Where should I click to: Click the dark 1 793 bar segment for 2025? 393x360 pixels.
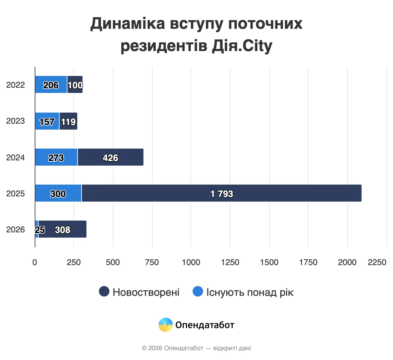point(221,193)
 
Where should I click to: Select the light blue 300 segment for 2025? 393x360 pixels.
point(58,193)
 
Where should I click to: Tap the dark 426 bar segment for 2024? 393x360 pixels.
point(110,157)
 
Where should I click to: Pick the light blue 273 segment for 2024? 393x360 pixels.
point(56,157)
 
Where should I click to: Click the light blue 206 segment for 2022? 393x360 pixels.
point(51,84)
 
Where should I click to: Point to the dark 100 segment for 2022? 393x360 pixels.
point(75,84)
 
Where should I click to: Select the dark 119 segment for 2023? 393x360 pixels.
point(68,121)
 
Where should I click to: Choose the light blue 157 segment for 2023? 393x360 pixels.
point(47,121)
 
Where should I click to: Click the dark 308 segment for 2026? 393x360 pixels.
point(63,229)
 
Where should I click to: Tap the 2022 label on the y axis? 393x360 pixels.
point(15,85)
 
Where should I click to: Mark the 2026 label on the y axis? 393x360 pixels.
point(15,229)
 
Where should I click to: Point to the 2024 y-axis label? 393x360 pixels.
point(15,157)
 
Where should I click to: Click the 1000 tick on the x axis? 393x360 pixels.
point(191,262)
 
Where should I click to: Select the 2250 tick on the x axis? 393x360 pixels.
point(377,262)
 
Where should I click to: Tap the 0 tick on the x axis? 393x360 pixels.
point(35,262)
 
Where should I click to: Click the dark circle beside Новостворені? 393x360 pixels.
point(104,291)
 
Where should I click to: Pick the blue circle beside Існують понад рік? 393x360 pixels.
point(198,291)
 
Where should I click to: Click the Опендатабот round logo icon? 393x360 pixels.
point(166,325)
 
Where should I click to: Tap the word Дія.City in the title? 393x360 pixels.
point(242,46)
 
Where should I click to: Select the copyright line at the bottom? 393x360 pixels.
point(196,348)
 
